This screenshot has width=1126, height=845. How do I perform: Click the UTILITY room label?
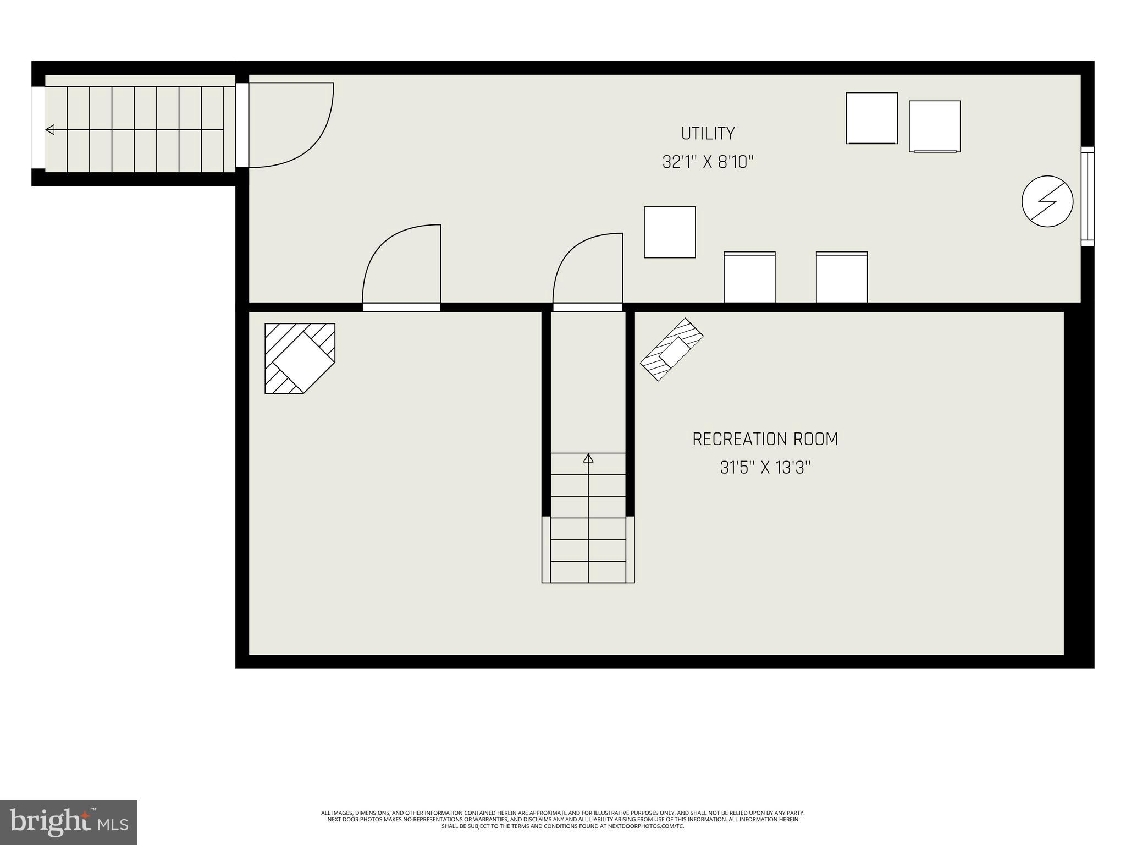[708, 134]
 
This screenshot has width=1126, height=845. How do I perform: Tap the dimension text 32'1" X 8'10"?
[708, 162]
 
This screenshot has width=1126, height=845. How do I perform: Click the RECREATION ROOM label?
[765, 439]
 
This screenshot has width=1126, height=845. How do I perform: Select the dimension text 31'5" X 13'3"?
[765, 468]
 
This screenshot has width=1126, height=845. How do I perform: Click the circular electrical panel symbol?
[1047, 201]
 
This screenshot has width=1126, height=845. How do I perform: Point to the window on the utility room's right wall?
[1087, 196]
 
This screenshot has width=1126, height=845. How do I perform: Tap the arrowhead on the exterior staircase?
[50, 130]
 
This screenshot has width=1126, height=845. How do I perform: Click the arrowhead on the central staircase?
[588, 458]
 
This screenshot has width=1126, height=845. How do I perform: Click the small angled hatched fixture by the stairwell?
[671, 349]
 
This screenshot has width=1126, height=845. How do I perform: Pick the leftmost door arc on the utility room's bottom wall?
[401, 264]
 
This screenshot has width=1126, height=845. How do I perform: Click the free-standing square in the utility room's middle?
[670, 232]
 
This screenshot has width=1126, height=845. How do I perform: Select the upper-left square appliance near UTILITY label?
[871, 118]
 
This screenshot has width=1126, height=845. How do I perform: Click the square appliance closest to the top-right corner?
[934, 126]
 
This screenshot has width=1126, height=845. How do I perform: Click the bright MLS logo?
[69, 822]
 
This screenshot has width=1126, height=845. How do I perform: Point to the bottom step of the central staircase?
[588, 572]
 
